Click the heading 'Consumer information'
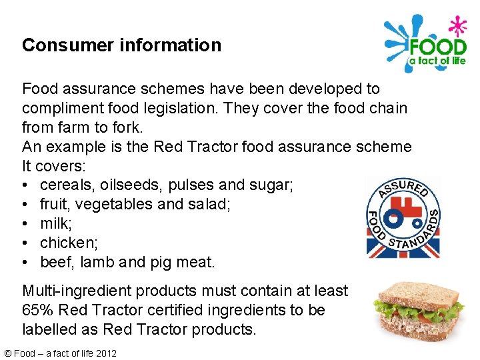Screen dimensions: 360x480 point(121,45)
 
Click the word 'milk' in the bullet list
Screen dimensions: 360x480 point(55,223)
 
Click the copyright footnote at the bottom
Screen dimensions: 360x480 point(59,353)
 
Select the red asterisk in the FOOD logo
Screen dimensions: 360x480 point(457,27)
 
